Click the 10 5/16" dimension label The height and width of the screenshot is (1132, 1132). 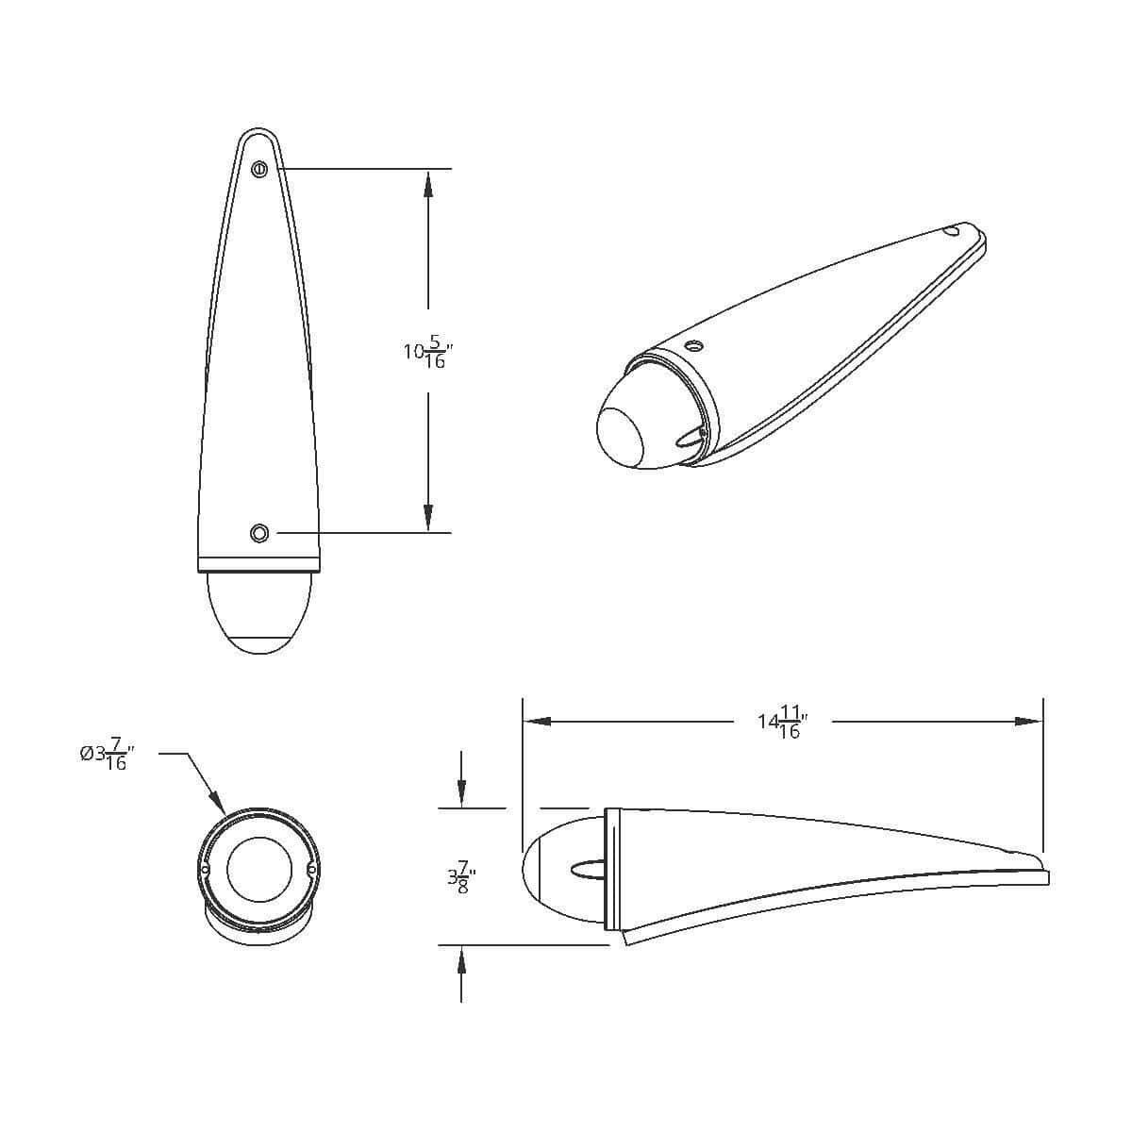click(x=429, y=352)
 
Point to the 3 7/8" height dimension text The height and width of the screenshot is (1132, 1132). click(x=461, y=877)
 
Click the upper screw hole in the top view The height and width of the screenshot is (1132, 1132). click(x=259, y=170)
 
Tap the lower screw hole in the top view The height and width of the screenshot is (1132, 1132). click(x=259, y=533)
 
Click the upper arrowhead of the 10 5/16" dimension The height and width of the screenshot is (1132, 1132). click(x=428, y=183)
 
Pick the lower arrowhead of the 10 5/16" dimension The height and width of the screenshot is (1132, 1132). click(x=428, y=518)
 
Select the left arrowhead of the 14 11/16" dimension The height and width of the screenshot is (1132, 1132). click(x=537, y=722)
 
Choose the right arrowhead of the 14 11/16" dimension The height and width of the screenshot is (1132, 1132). click(x=1028, y=722)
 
